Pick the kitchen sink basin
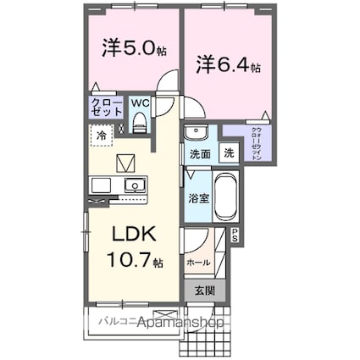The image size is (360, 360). click(x=134, y=186)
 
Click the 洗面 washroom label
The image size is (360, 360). click(x=200, y=155)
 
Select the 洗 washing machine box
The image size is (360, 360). click(x=229, y=154)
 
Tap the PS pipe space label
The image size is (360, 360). click(x=235, y=237)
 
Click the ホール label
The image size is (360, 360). click(x=198, y=263)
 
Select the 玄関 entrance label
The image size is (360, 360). click(x=206, y=291)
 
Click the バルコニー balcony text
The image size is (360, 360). click(x=112, y=322)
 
